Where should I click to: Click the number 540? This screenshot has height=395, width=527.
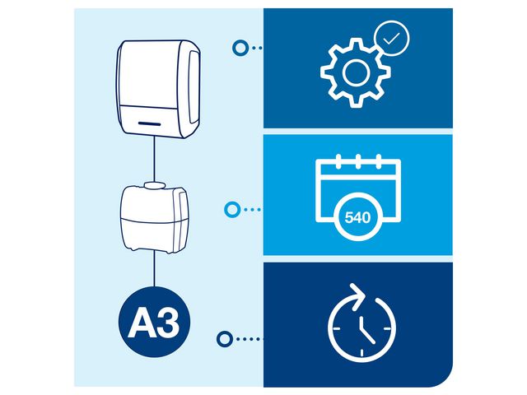357,219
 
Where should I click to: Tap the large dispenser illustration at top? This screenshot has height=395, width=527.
156,89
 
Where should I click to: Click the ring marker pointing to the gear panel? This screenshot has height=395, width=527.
239,49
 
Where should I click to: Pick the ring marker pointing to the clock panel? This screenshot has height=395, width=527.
222,338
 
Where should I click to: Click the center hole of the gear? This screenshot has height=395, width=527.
355,73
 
